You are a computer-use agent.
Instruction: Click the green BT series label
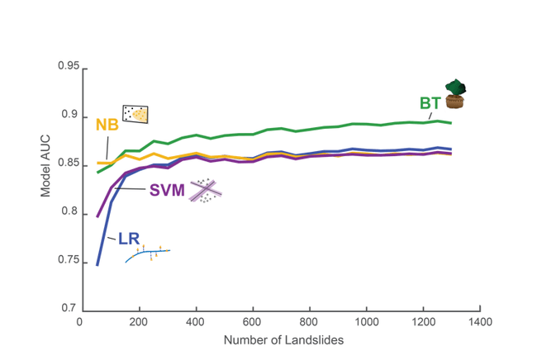click(x=429, y=103)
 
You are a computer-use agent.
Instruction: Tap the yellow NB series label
click(x=107, y=125)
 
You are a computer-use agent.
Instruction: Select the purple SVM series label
click(x=168, y=191)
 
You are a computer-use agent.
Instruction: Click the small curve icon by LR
click(x=148, y=253)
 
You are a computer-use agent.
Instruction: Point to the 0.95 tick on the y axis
click(x=67, y=66)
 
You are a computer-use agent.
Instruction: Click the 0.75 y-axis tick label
click(x=67, y=262)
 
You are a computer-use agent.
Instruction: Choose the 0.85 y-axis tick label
click(x=67, y=164)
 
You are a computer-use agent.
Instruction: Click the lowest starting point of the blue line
click(x=97, y=265)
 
